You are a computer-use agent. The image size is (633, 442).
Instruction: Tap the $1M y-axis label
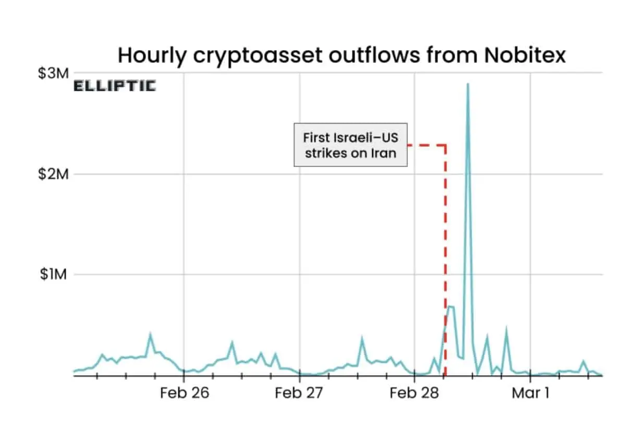tap(54, 275)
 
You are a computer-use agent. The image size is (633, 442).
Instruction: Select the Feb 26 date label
tap(184, 393)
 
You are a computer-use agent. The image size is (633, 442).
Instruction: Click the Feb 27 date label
tap(299, 393)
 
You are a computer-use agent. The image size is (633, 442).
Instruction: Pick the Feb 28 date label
tap(414, 393)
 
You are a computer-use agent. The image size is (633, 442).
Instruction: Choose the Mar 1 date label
tap(530, 393)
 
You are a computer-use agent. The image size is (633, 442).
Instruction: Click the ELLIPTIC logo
tap(114, 87)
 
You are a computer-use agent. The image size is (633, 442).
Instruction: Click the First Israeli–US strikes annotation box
tap(350, 145)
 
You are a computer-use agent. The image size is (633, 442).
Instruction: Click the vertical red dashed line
tap(445, 261)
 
